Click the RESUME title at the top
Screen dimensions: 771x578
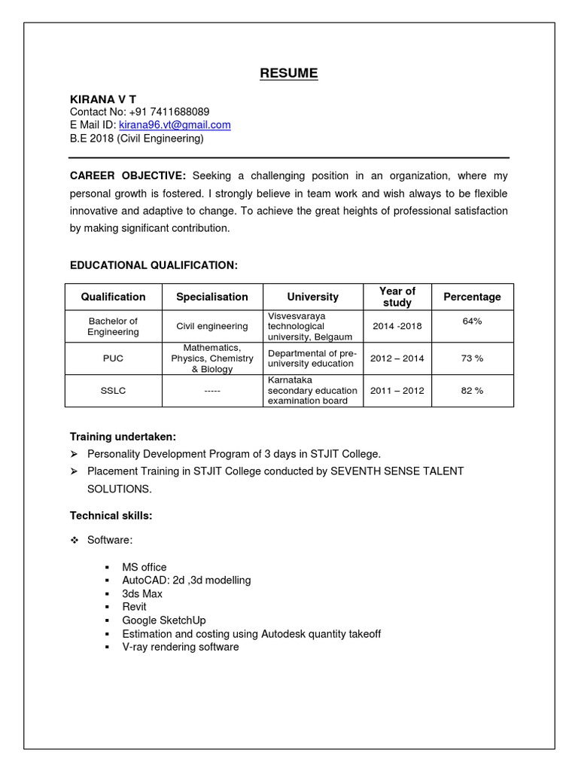pyautogui.click(x=289, y=73)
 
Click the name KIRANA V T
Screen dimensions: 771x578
pyautogui.click(x=103, y=99)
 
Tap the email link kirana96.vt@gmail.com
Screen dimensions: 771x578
pyautogui.click(x=175, y=125)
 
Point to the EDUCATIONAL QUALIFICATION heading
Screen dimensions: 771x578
pyautogui.click(x=154, y=265)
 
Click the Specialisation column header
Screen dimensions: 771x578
pyautogui.click(x=211, y=297)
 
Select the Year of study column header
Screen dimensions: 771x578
pyautogui.click(x=397, y=297)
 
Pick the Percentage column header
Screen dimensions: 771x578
pyautogui.click(x=472, y=297)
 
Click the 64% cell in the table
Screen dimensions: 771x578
pyautogui.click(x=472, y=321)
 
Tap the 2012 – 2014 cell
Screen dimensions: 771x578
pyautogui.click(x=397, y=358)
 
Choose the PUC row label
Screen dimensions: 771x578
pyautogui.click(x=113, y=358)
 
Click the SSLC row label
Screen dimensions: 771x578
pyautogui.click(x=113, y=391)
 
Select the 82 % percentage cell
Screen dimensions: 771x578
pyautogui.click(x=472, y=391)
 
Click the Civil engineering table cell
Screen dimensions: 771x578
pyautogui.click(x=211, y=326)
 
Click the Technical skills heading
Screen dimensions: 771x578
pyautogui.click(x=111, y=516)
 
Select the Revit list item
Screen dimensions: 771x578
pyautogui.click(x=134, y=607)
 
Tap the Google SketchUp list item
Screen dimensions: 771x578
pyautogui.click(x=163, y=620)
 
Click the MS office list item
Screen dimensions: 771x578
pyautogui.click(x=144, y=567)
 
